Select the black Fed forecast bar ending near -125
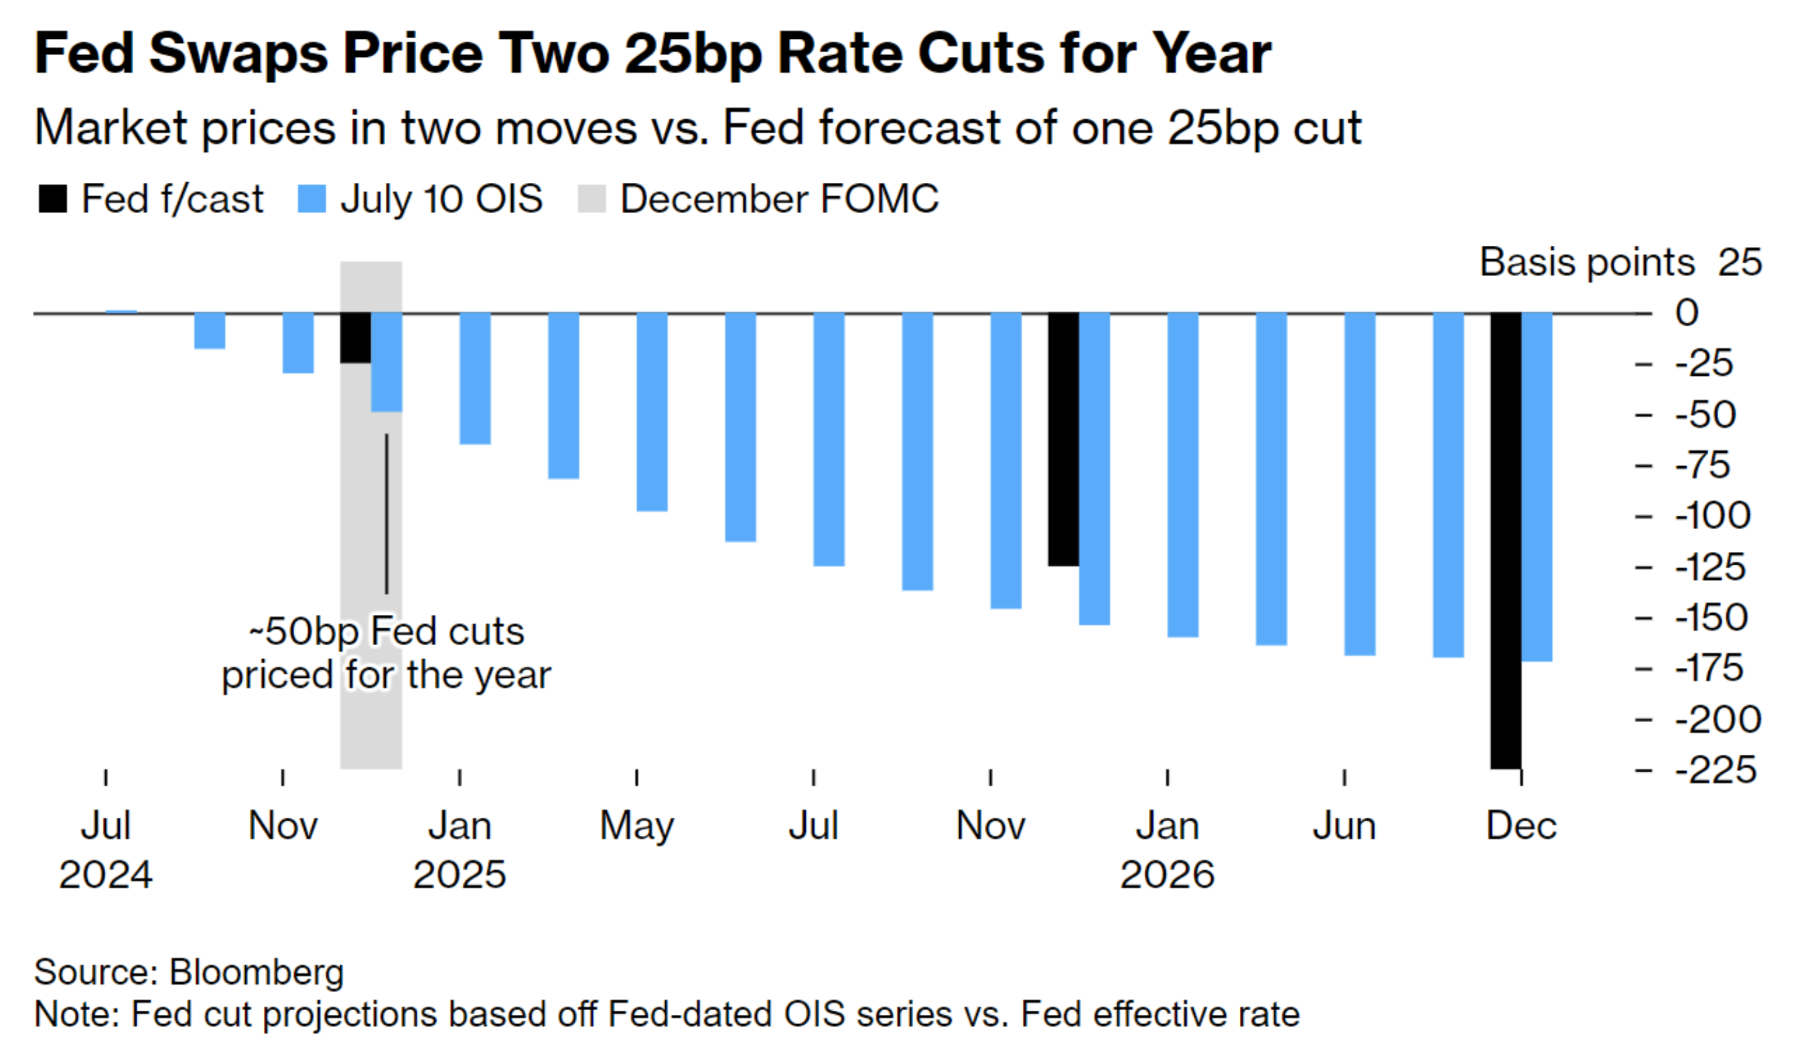pos(1063,439)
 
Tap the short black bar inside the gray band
pos(356,338)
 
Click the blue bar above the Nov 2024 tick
pos(298,342)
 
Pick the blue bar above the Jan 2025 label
pos(475,378)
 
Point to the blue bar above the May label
pos(652,411)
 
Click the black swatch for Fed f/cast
pos(52,199)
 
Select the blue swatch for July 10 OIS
pos(311,199)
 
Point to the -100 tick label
pos(1713,516)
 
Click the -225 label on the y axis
pos(1716,770)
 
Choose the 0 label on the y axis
pos(1687,313)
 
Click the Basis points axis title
pos(1587,262)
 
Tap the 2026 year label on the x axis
pos(1167,875)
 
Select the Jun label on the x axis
pos(1344,826)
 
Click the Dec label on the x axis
pos(1521,826)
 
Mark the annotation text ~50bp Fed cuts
pos(387,632)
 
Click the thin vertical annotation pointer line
pos(387,513)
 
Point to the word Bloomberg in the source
pos(257,973)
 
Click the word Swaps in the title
pos(238,54)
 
